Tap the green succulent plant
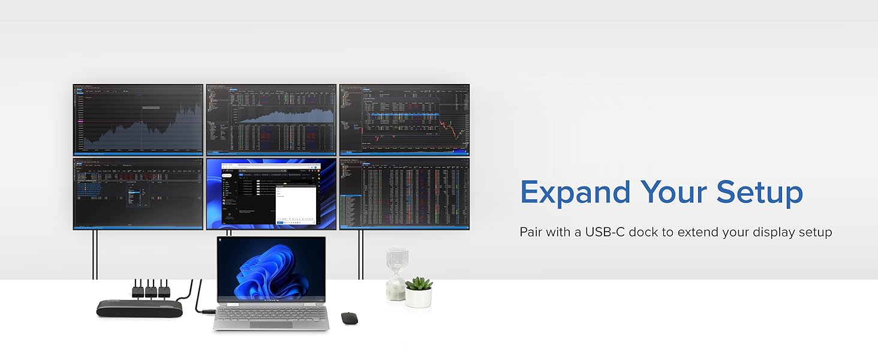pos(419,283)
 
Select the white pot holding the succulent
pos(419,298)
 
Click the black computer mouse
pos(349,318)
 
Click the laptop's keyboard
pos(271,313)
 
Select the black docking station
pos(140,308)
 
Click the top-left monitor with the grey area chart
pos(139,120)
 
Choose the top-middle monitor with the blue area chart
pos(271,120)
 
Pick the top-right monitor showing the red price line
pos(404,120)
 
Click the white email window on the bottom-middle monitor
pos(295,203)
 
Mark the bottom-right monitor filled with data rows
pos(404,194)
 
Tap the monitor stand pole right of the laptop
pos(360,255)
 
